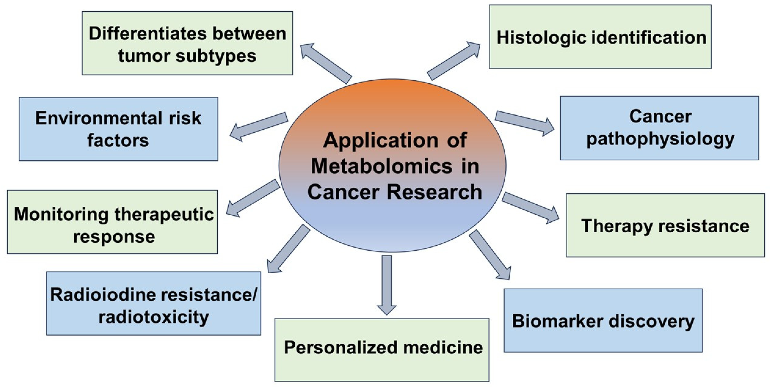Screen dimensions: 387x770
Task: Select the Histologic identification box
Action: coord(600,37)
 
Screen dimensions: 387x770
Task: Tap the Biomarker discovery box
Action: coord(603,320)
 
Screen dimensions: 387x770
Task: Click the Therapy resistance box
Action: coord(665,225)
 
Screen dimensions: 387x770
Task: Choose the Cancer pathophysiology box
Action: coord(659,128)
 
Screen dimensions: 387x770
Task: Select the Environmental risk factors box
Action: coord(118,129)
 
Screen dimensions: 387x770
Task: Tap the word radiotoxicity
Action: coord(154,317)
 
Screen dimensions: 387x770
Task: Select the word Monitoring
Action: coord(61,214)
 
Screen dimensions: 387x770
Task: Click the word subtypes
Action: coord(216,56)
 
